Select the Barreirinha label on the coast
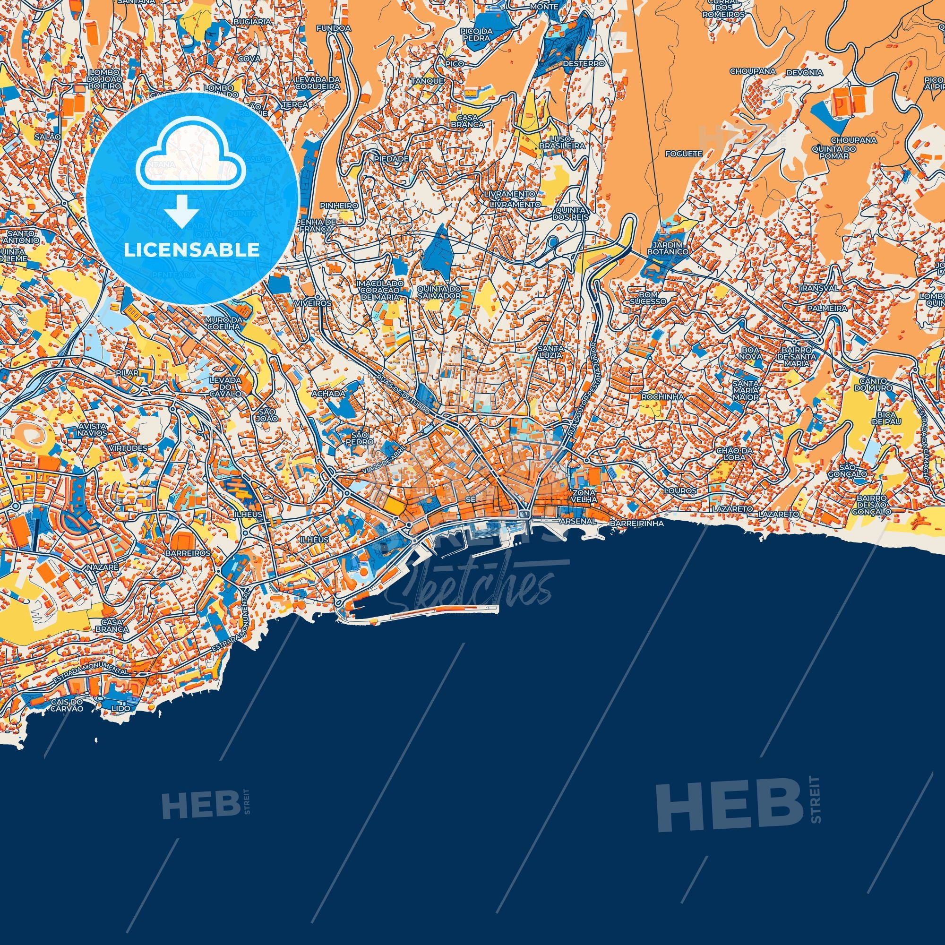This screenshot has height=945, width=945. (636, 523)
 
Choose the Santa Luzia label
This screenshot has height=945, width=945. (551, 351)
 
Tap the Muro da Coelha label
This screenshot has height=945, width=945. (224, 323)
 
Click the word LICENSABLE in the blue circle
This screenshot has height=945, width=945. (192, 250)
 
